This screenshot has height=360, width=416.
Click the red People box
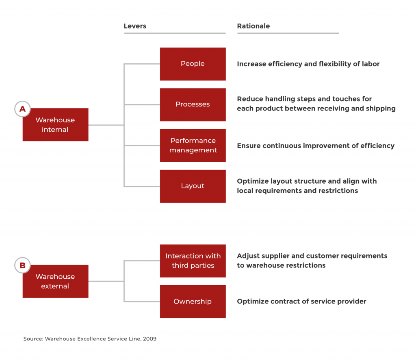pos(193,64)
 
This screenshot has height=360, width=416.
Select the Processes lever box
pos(193,104)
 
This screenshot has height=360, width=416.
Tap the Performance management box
pos(193,145)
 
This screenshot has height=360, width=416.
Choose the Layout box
pos(193,186)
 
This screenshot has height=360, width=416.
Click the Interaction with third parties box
pos(193,261)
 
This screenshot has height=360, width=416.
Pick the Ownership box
pos(193,301)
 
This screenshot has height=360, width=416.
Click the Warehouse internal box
pos(55,125)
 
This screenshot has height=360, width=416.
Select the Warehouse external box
pos(55,281)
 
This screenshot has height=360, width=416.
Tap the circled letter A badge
pos(22,109)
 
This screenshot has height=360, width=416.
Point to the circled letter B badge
pos(22,266)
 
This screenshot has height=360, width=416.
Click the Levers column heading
pos(135,26)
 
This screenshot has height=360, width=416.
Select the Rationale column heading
pos(253,26)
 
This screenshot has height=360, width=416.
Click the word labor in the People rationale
pos(370,64)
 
